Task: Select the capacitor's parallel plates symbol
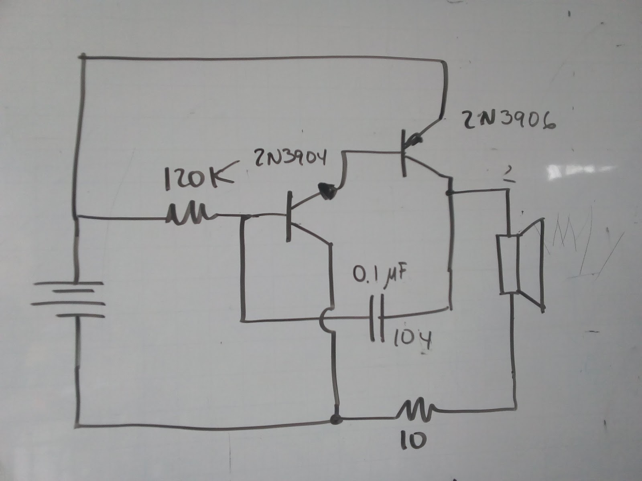point(377,319)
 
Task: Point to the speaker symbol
point(522,265)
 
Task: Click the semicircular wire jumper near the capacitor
point(326,321)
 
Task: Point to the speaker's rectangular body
point(508,265)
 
